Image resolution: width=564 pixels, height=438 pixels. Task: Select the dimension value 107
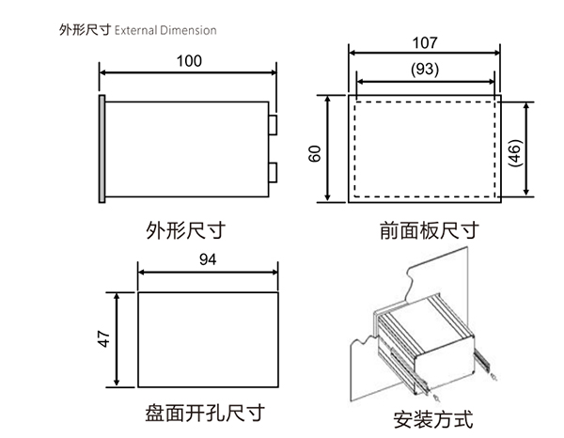424,43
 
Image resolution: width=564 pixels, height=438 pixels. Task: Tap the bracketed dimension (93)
424,69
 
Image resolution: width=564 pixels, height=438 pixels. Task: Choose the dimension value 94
208,259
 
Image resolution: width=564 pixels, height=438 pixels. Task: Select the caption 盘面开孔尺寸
204,413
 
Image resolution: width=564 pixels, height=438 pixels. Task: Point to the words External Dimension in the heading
165,30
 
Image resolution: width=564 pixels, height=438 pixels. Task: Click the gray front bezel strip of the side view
101,147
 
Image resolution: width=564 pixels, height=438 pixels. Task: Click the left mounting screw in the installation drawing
422,388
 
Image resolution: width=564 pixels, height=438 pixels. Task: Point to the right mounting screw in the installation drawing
494,377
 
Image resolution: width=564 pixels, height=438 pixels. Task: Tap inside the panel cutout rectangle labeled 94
208,338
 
